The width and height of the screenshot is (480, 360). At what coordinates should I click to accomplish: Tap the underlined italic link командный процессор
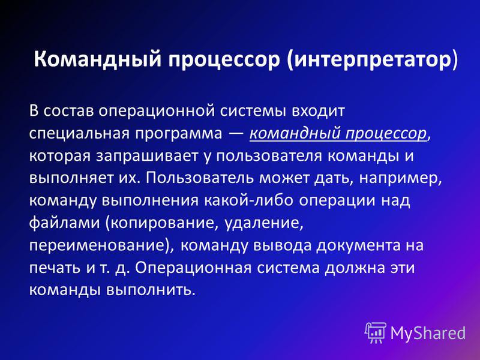[338, 134]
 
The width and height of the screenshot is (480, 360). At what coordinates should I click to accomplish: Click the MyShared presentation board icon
[375, 332]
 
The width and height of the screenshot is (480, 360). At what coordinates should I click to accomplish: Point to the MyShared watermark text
[428, 333]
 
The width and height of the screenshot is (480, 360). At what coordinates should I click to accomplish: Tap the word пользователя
[269, 156]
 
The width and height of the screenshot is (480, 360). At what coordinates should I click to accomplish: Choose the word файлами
[65, 223]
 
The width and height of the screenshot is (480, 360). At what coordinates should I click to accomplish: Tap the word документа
[358, 245]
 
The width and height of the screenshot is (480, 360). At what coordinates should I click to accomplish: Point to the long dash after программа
[236, 134]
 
